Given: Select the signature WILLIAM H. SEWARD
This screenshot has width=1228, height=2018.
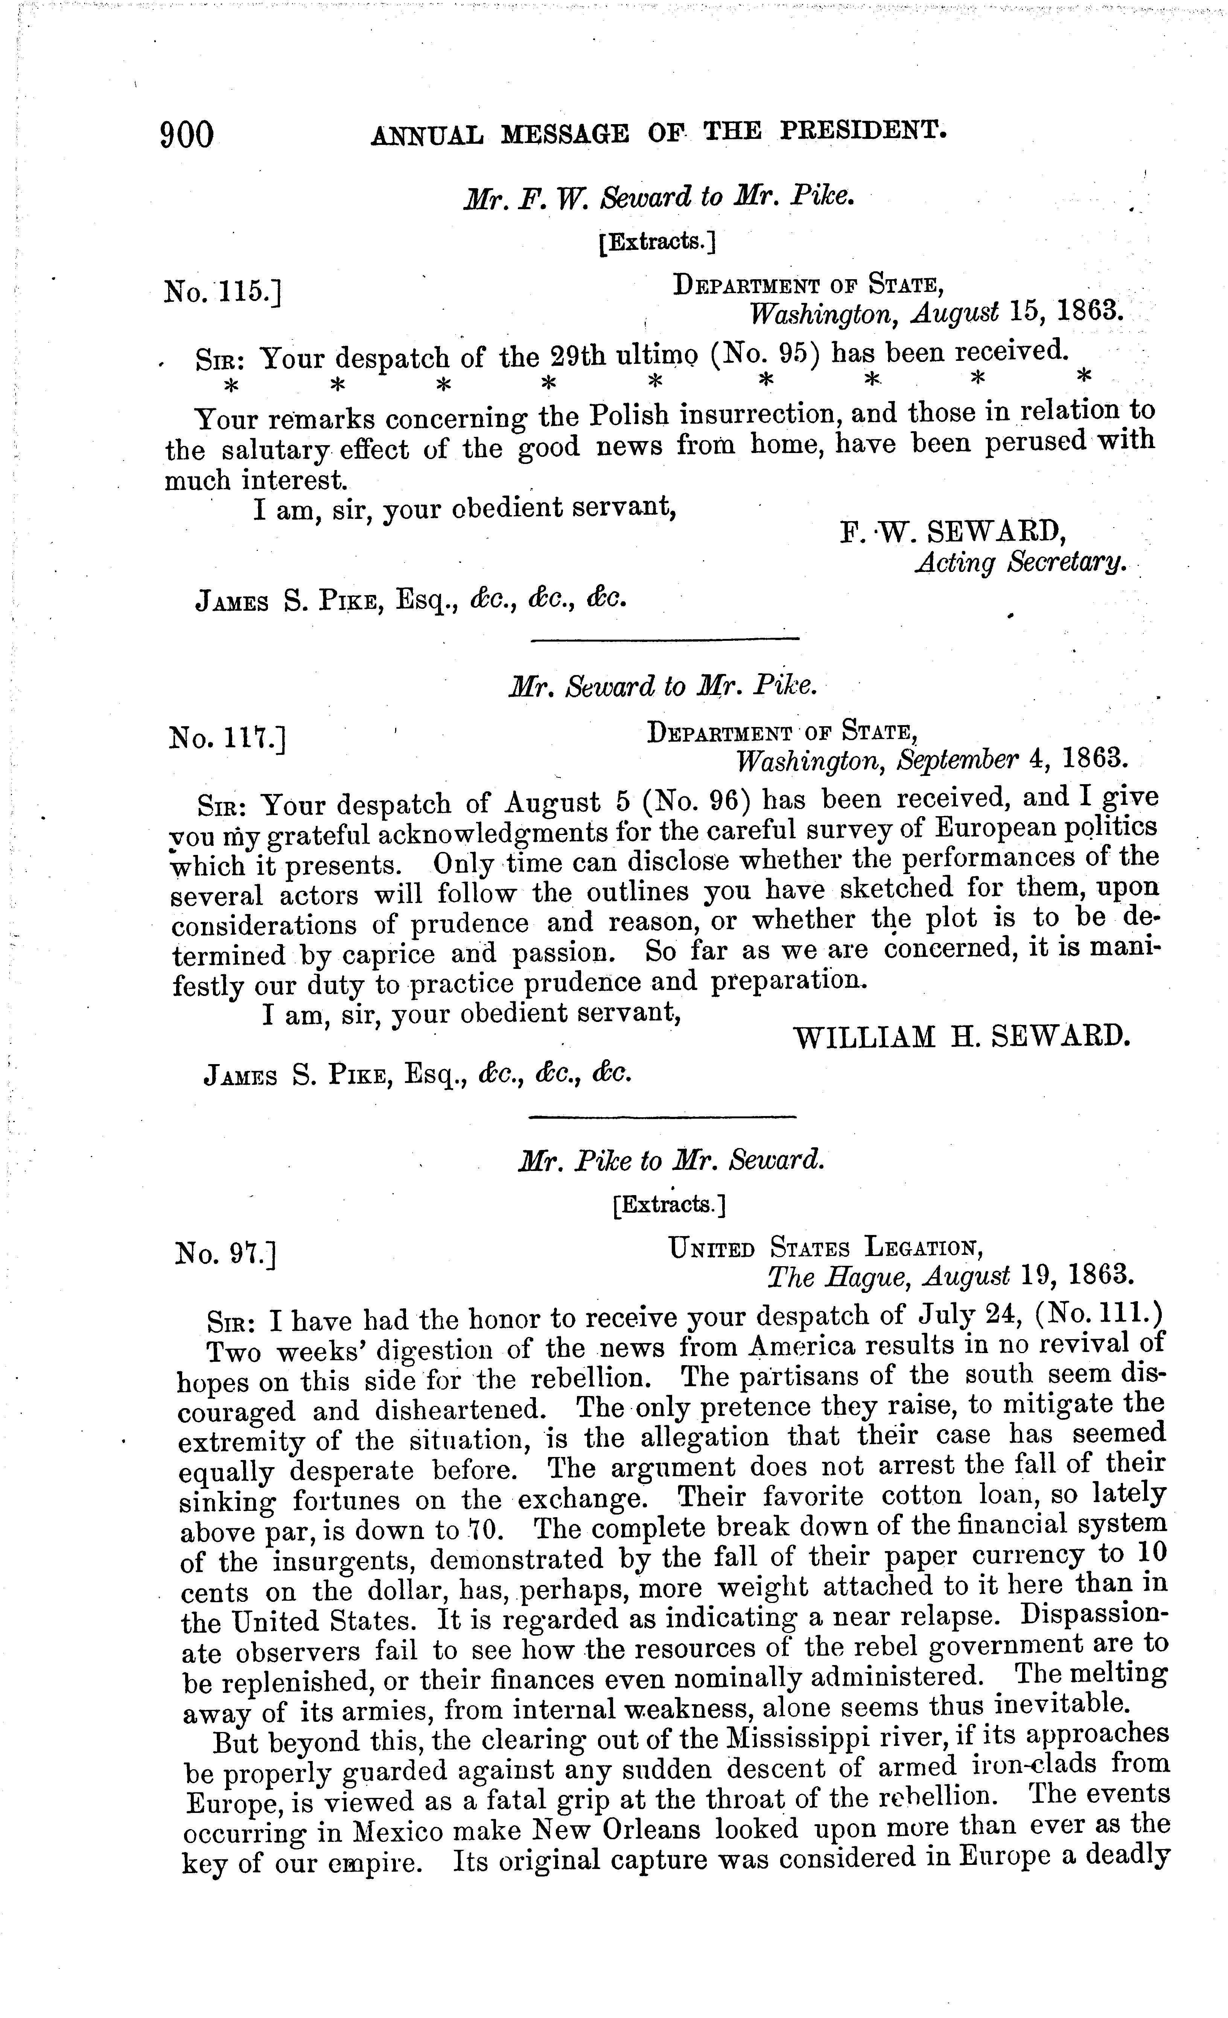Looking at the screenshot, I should click(963, 1038).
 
